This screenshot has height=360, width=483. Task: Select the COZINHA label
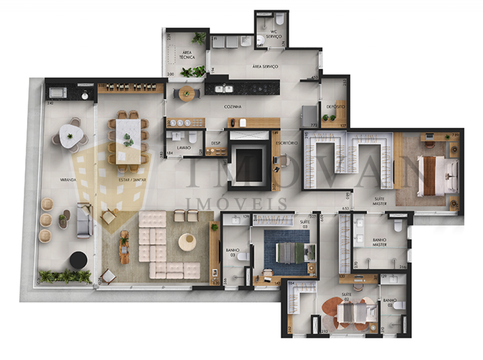click(232, 107)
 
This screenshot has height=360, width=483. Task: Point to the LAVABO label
click(184, 147)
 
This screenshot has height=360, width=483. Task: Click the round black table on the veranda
click(78, 260)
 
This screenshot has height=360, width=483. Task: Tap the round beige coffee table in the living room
click(187, 242)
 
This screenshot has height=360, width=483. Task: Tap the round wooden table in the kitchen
click(186, 93)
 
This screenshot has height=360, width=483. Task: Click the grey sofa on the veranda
click(85, 221)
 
